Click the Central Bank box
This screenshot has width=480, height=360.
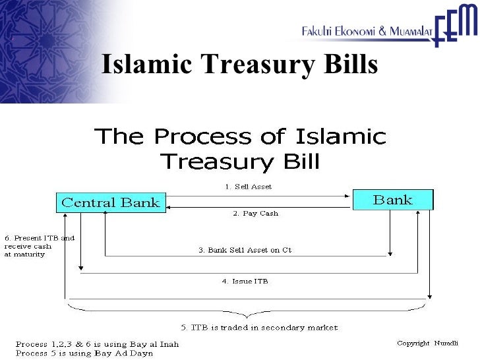point(110,202)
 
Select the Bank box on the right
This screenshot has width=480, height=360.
point(393,200)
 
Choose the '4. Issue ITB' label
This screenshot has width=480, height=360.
point(245,281)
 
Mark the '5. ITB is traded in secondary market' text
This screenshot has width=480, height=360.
point(259,327)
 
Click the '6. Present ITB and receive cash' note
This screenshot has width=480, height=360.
point(40,246)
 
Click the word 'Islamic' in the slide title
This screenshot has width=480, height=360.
point(148,65)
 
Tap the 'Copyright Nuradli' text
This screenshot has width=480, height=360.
point(426,343)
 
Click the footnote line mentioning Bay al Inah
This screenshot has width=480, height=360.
point(97,344)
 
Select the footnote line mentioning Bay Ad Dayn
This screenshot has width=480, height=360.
point(84,353)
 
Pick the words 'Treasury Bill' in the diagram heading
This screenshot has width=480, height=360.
point(240,160)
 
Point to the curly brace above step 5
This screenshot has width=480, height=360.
point(248,310)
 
